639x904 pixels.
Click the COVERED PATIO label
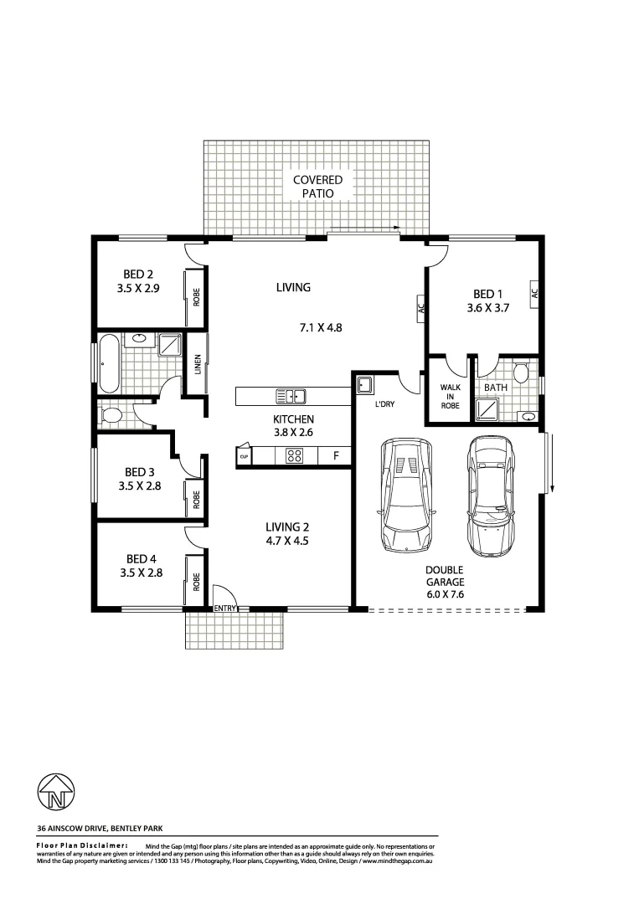[317, 187]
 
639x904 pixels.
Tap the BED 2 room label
[138, 273]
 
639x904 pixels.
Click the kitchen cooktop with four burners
[295, 456]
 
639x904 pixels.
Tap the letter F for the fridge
[335, 456]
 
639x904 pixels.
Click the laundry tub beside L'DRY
[365, 386]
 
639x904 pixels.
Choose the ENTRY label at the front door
[226, 608]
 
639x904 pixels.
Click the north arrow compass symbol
[56, 790]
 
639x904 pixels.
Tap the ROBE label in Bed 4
[197, 581]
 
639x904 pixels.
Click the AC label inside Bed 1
[533, 293]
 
